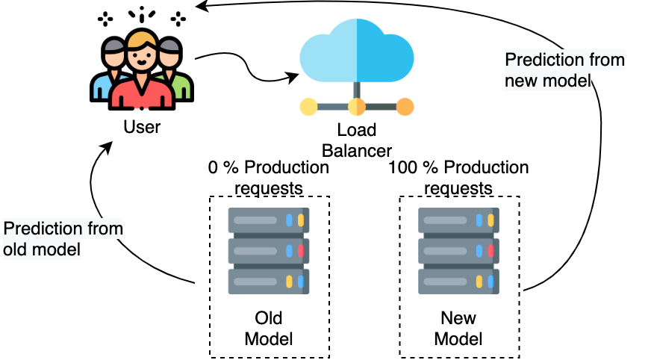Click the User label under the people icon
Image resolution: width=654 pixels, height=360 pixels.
click(142, 127)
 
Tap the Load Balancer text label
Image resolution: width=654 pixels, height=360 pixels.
click(357, 140)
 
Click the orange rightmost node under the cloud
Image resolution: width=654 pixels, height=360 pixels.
click(405, 107)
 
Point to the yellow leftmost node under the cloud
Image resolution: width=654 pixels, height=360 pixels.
click(308, 107)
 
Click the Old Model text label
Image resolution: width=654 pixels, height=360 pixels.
click(269, 329)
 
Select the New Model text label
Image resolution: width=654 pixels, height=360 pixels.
click(458, 329)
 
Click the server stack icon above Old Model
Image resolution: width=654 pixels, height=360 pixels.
click(269, 251)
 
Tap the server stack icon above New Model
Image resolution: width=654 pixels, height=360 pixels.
click(458, 251)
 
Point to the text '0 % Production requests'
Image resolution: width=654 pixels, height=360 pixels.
click(268, 177)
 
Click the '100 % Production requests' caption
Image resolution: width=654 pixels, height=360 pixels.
click(458, 177)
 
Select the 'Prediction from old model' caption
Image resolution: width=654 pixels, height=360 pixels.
click(63, 238)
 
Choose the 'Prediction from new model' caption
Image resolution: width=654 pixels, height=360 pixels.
click(564, 69)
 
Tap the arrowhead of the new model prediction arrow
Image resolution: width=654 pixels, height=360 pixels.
click(199, 7)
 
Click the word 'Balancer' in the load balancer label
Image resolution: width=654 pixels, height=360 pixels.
click(357, 149)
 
